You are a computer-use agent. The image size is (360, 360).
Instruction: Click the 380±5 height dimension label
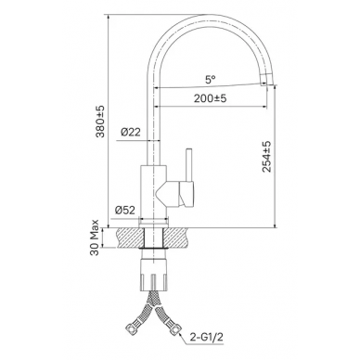100,122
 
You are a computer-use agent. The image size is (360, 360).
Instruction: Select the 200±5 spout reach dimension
211,98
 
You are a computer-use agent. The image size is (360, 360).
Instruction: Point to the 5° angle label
210,80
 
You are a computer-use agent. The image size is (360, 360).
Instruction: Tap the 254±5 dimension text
266,156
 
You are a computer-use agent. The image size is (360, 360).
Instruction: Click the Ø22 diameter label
130,133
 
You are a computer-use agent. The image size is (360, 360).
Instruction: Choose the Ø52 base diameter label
125,211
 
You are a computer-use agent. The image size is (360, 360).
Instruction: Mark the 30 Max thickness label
95,238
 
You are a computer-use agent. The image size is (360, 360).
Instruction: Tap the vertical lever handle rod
189,165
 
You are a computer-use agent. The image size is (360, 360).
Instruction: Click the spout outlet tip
266,80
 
